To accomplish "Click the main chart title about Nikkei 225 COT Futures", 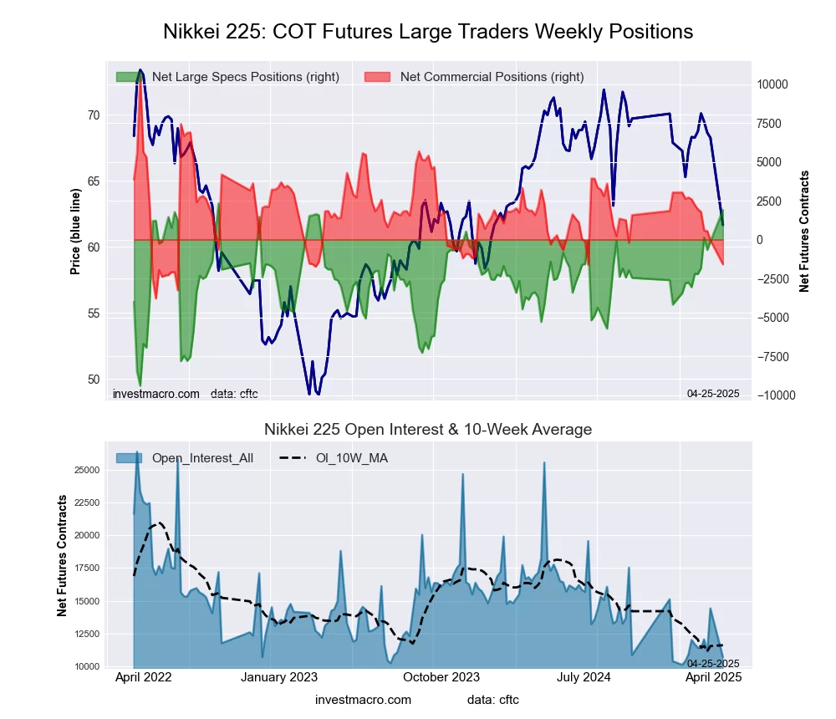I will tap(428, 32).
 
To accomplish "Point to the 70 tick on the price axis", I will tap(94, 115).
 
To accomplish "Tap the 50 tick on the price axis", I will tap(94, 380).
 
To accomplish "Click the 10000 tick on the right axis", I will tap(772, 84).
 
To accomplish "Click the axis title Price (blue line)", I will tap(76, 232).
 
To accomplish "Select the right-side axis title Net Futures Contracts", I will tap(805, 232).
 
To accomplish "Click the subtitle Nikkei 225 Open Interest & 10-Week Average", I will tap(428, 430).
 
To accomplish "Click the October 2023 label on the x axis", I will tap(441, 678).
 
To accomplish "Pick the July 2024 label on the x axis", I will tap(585, 678).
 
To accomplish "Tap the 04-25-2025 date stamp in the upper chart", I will tap(713, 393).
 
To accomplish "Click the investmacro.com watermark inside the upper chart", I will tap(156, 393).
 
